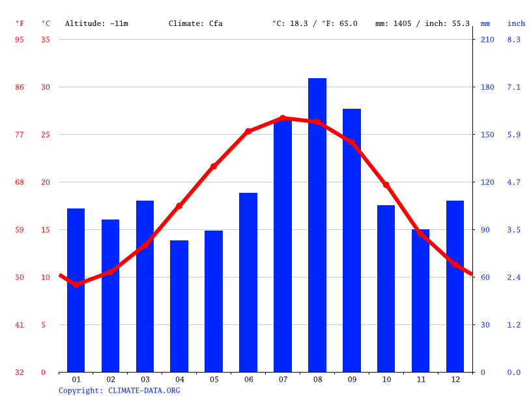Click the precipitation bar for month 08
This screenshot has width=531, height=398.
coord(317,225)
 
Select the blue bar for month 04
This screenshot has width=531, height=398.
coord(179,306)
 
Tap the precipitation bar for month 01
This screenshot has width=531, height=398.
coord(76,290)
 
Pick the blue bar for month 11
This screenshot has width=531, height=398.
coord(420,300)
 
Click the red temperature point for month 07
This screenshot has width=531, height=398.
coord(283,118)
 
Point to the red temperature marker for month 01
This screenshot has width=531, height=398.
coord(76,285)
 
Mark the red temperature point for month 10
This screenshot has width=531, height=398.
coord(386,185)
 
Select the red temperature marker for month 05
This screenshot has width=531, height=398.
coord(214,166)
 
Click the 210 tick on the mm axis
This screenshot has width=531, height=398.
coord(487,40)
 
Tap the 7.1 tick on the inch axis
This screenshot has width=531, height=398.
coord(514,87)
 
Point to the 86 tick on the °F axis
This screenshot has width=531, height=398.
coord(20,87)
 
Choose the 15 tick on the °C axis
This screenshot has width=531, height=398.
coord(45,230)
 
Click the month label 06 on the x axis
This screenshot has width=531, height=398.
coord(248,380)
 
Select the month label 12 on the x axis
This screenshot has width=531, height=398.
coord(455,380)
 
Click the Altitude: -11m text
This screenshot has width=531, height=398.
coord(96,23)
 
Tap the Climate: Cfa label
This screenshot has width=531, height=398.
coord(195,23)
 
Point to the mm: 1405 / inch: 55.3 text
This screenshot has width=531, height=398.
coord(422,23)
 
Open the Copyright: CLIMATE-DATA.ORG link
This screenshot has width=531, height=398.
coord(119,391)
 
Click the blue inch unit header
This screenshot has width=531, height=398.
coord(516,23)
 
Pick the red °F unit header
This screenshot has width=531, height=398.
coord(20,23)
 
